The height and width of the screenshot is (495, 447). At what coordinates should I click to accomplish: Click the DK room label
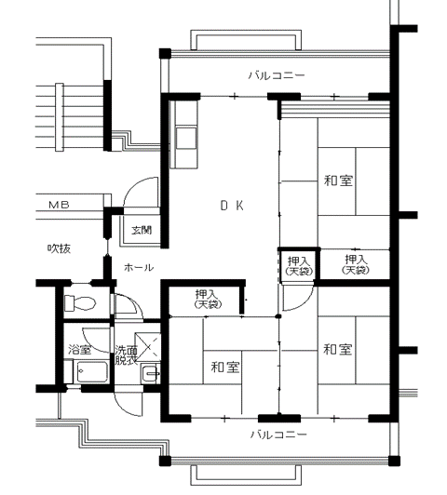click(x=232, y=206)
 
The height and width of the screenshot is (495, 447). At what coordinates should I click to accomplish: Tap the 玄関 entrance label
click(x=142, y=230)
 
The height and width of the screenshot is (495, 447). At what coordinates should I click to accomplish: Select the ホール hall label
click(x=139, y=268)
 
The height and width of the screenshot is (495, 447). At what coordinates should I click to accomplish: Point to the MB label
click(x=59, y=205)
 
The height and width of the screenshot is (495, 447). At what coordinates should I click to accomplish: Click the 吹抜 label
click(x=59, y=248)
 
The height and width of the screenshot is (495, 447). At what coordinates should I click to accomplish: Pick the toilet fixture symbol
click(x=80, y=302)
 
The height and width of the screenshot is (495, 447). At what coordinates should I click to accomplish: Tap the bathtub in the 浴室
click(x=92, y=372)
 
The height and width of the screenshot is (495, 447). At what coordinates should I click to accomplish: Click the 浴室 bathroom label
click(x=79, y=350)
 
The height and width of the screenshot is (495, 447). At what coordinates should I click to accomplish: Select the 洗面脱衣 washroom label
click(x=126, y=355)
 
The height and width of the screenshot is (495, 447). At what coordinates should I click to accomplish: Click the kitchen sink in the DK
click(x=186, y=138)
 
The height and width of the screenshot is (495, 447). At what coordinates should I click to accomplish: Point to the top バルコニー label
click(x=277, y=75)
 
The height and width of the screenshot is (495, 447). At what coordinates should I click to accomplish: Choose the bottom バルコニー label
click(x=278, y=435)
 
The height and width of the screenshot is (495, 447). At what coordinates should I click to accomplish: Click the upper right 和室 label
click(x=338, y=181)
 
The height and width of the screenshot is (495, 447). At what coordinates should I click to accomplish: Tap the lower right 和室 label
click(x=338, y=350)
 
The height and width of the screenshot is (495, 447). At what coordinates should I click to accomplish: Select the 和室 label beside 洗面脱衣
click(x=225, y=368)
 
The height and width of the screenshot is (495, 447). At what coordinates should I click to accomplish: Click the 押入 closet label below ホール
click(x=208, y=299)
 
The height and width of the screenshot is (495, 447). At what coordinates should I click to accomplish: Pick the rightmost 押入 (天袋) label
click(x=356, y=264)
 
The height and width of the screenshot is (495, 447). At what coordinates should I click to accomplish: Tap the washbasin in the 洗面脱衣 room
click(x=151, y=374)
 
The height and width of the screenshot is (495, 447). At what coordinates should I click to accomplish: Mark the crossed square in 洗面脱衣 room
click(x=147, y=346)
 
